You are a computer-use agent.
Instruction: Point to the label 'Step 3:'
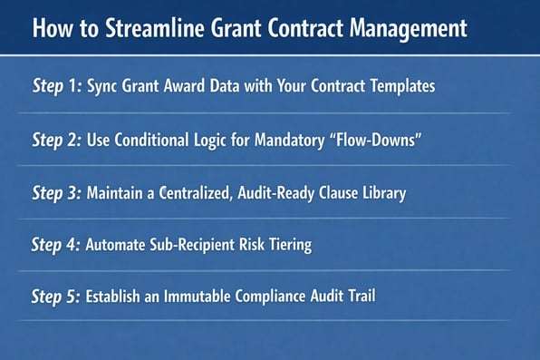click(56, 193)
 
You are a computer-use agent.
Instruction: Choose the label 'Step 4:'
click(56, 245)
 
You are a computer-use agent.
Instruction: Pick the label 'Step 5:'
click(56, 297)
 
